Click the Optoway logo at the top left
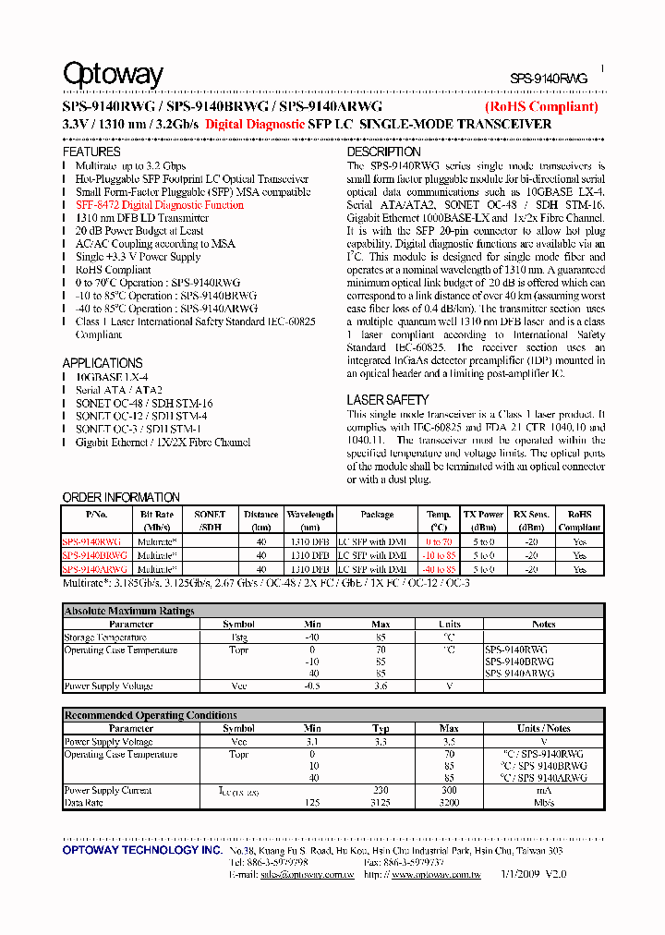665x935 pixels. (x=113, y=74)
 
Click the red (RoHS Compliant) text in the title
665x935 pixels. (x=541, y=106)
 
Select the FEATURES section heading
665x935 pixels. (x=91, y=152)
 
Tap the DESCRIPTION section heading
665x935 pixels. (x=383, y=152)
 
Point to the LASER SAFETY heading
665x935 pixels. (x=388, y=400)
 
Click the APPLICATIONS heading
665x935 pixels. (x=103, y=363)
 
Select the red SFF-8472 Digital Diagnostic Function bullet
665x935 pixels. (x=160, y=205)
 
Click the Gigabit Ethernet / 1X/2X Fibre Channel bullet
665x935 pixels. (x=163, y=443)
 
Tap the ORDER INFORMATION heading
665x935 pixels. (x=121, y=497)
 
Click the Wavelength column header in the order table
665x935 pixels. (x=310, y=515)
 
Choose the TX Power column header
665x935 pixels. (x=483, y=515)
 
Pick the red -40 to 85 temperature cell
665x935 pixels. (x=439, y=569)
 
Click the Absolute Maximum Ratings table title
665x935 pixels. (x=129, y=611)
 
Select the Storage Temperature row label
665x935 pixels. (x=105, y=637)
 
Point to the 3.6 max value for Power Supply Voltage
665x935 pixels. (x=381, y=686)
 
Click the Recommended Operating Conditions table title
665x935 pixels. (x=151, y=715)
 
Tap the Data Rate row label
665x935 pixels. (x=85, y=803)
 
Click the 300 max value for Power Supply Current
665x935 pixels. (x=449, y=791)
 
